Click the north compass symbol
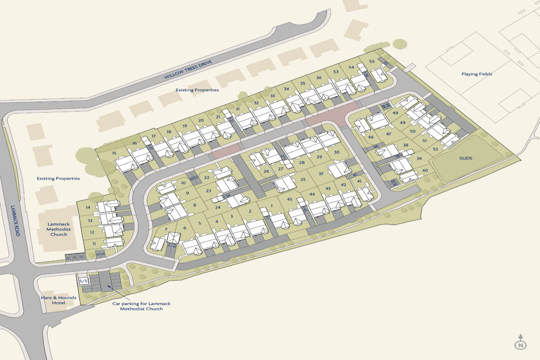click(x=520, y=342)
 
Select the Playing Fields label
click(x=477, y=74)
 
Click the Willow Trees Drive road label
click(x=188, y=70)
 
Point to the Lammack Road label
click(x=17, y=221)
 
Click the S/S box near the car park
click(x=84, y=281)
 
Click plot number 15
click(x=114, y=153)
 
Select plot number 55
click(x=372, y=62)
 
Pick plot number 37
click(x=321, y=174)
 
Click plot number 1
click(x=272, y=206)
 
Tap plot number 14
click(x=87, y=208)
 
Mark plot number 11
click(x=94, y=244)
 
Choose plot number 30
click(x=336, y=152)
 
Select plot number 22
click(x=207, y=178)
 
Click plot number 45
click(x=289, y=200)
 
